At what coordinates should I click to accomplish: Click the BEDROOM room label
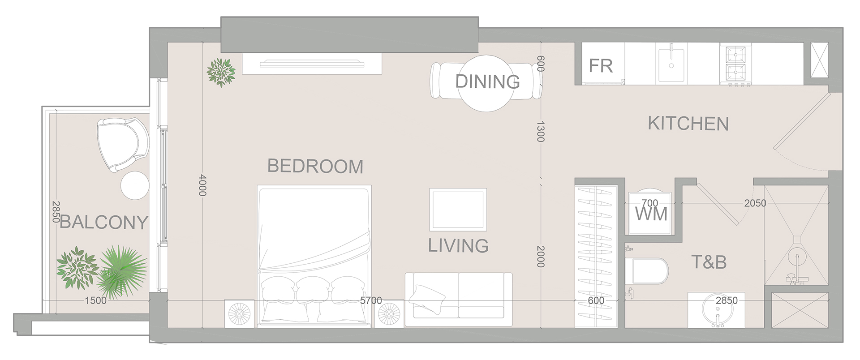click(315, 166)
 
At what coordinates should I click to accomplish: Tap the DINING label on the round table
click(487, 81)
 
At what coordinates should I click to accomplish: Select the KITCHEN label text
click(688, 124)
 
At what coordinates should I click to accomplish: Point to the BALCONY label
click(103, 222)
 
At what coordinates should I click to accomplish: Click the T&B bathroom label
click(709, 262)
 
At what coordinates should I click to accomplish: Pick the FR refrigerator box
click(601, 66)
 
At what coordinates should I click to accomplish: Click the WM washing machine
click(650, 214)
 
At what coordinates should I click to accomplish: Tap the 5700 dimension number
click(371, 300)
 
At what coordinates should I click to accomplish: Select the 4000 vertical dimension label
click(202, 184)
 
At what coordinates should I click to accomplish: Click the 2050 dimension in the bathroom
click(755, 203)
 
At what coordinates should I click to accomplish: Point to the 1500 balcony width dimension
click(95, 300)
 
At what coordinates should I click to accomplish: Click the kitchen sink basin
click(671, 64)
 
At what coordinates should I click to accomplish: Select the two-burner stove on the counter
click(735, 64)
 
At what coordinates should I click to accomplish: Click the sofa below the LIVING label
click(459, 299)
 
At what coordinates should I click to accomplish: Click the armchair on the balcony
click(122, 143)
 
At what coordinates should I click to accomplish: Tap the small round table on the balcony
click(134, 186)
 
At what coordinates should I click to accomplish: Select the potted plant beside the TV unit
click(221, 72)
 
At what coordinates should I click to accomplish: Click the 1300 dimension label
click(540, 131)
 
